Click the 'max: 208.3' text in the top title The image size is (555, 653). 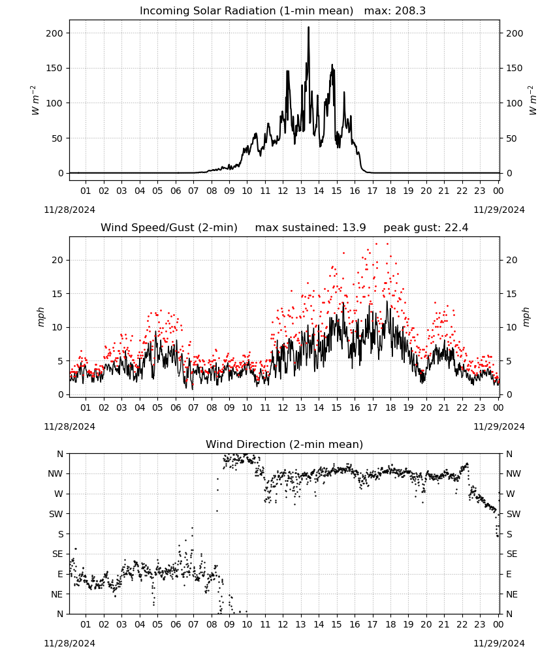395,11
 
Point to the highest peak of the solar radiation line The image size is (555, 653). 309,27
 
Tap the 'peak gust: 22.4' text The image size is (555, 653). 426,228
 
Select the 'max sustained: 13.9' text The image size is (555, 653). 310,228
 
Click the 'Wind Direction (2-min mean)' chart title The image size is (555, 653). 285,444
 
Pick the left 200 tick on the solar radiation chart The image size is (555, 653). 54,33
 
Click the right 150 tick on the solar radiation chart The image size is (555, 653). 515,69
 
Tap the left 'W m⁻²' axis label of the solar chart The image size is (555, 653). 35,101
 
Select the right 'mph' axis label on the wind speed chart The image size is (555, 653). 526,317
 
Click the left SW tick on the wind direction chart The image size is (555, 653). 55,515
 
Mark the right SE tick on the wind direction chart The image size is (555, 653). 512,554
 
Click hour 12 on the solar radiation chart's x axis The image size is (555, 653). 283,191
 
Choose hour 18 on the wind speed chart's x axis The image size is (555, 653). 390,407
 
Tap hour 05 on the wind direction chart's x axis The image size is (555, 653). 157,625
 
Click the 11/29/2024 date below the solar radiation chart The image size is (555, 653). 499,210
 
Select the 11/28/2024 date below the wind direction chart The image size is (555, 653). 69,643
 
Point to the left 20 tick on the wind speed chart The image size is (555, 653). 57,261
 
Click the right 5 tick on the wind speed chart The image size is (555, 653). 509,362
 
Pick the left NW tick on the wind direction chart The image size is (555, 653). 55,474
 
